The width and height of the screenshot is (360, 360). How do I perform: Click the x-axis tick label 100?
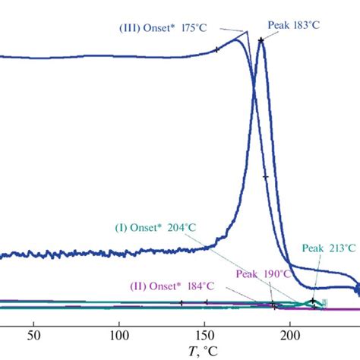click(x=118, y=335)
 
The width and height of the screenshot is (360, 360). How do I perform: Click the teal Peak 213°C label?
click(x=328, y=248)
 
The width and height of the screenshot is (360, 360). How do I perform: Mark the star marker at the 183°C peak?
click(x=261, y=40)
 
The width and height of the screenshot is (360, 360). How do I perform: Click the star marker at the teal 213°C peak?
click(x=314, y=301)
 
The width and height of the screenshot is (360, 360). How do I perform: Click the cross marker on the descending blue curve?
click(x=266, y=177)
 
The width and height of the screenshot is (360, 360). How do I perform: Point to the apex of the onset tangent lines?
click(x=247, y=31)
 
